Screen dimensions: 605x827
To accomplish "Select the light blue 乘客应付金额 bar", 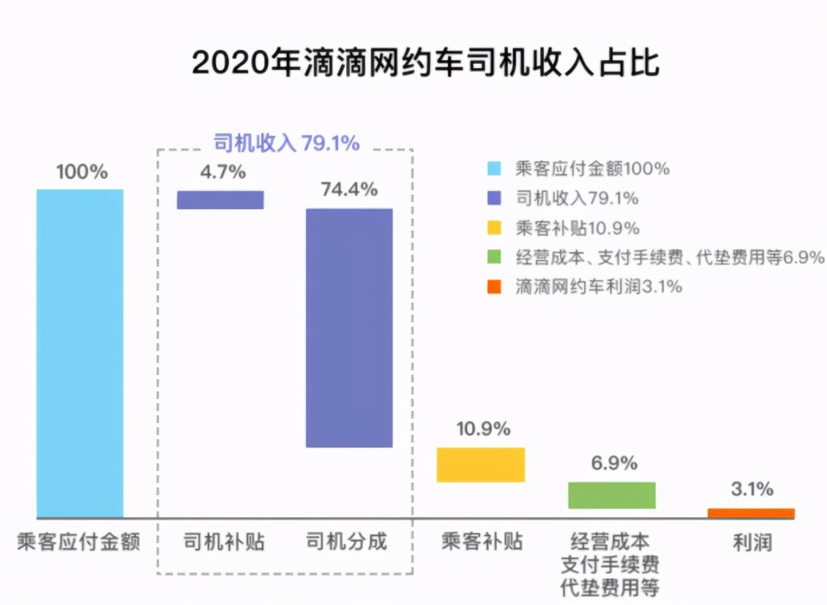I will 80,353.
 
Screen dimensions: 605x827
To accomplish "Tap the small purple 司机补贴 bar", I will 220,200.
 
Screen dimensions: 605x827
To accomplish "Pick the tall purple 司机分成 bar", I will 349,327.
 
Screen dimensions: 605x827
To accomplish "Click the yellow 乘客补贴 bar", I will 480,464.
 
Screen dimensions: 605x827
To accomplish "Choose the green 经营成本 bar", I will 612,495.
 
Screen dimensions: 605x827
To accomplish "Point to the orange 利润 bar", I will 751,513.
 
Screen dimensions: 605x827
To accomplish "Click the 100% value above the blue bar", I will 82,172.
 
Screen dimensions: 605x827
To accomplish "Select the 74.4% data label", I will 349,190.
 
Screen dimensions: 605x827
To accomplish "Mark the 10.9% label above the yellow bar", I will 483,429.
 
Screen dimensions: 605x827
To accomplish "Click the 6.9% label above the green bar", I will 613,464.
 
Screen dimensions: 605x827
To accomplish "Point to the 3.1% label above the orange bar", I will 752,490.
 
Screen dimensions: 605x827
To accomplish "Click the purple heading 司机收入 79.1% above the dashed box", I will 286,143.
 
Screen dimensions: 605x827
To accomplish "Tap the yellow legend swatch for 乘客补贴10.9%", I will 494,229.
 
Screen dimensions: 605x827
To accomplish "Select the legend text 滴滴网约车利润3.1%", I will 599,287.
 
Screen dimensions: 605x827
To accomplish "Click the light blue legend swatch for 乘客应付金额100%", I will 494,170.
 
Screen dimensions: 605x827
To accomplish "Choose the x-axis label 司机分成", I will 346,542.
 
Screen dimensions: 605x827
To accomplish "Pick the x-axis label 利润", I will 752,542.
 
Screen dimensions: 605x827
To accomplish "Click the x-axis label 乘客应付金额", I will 78,542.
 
